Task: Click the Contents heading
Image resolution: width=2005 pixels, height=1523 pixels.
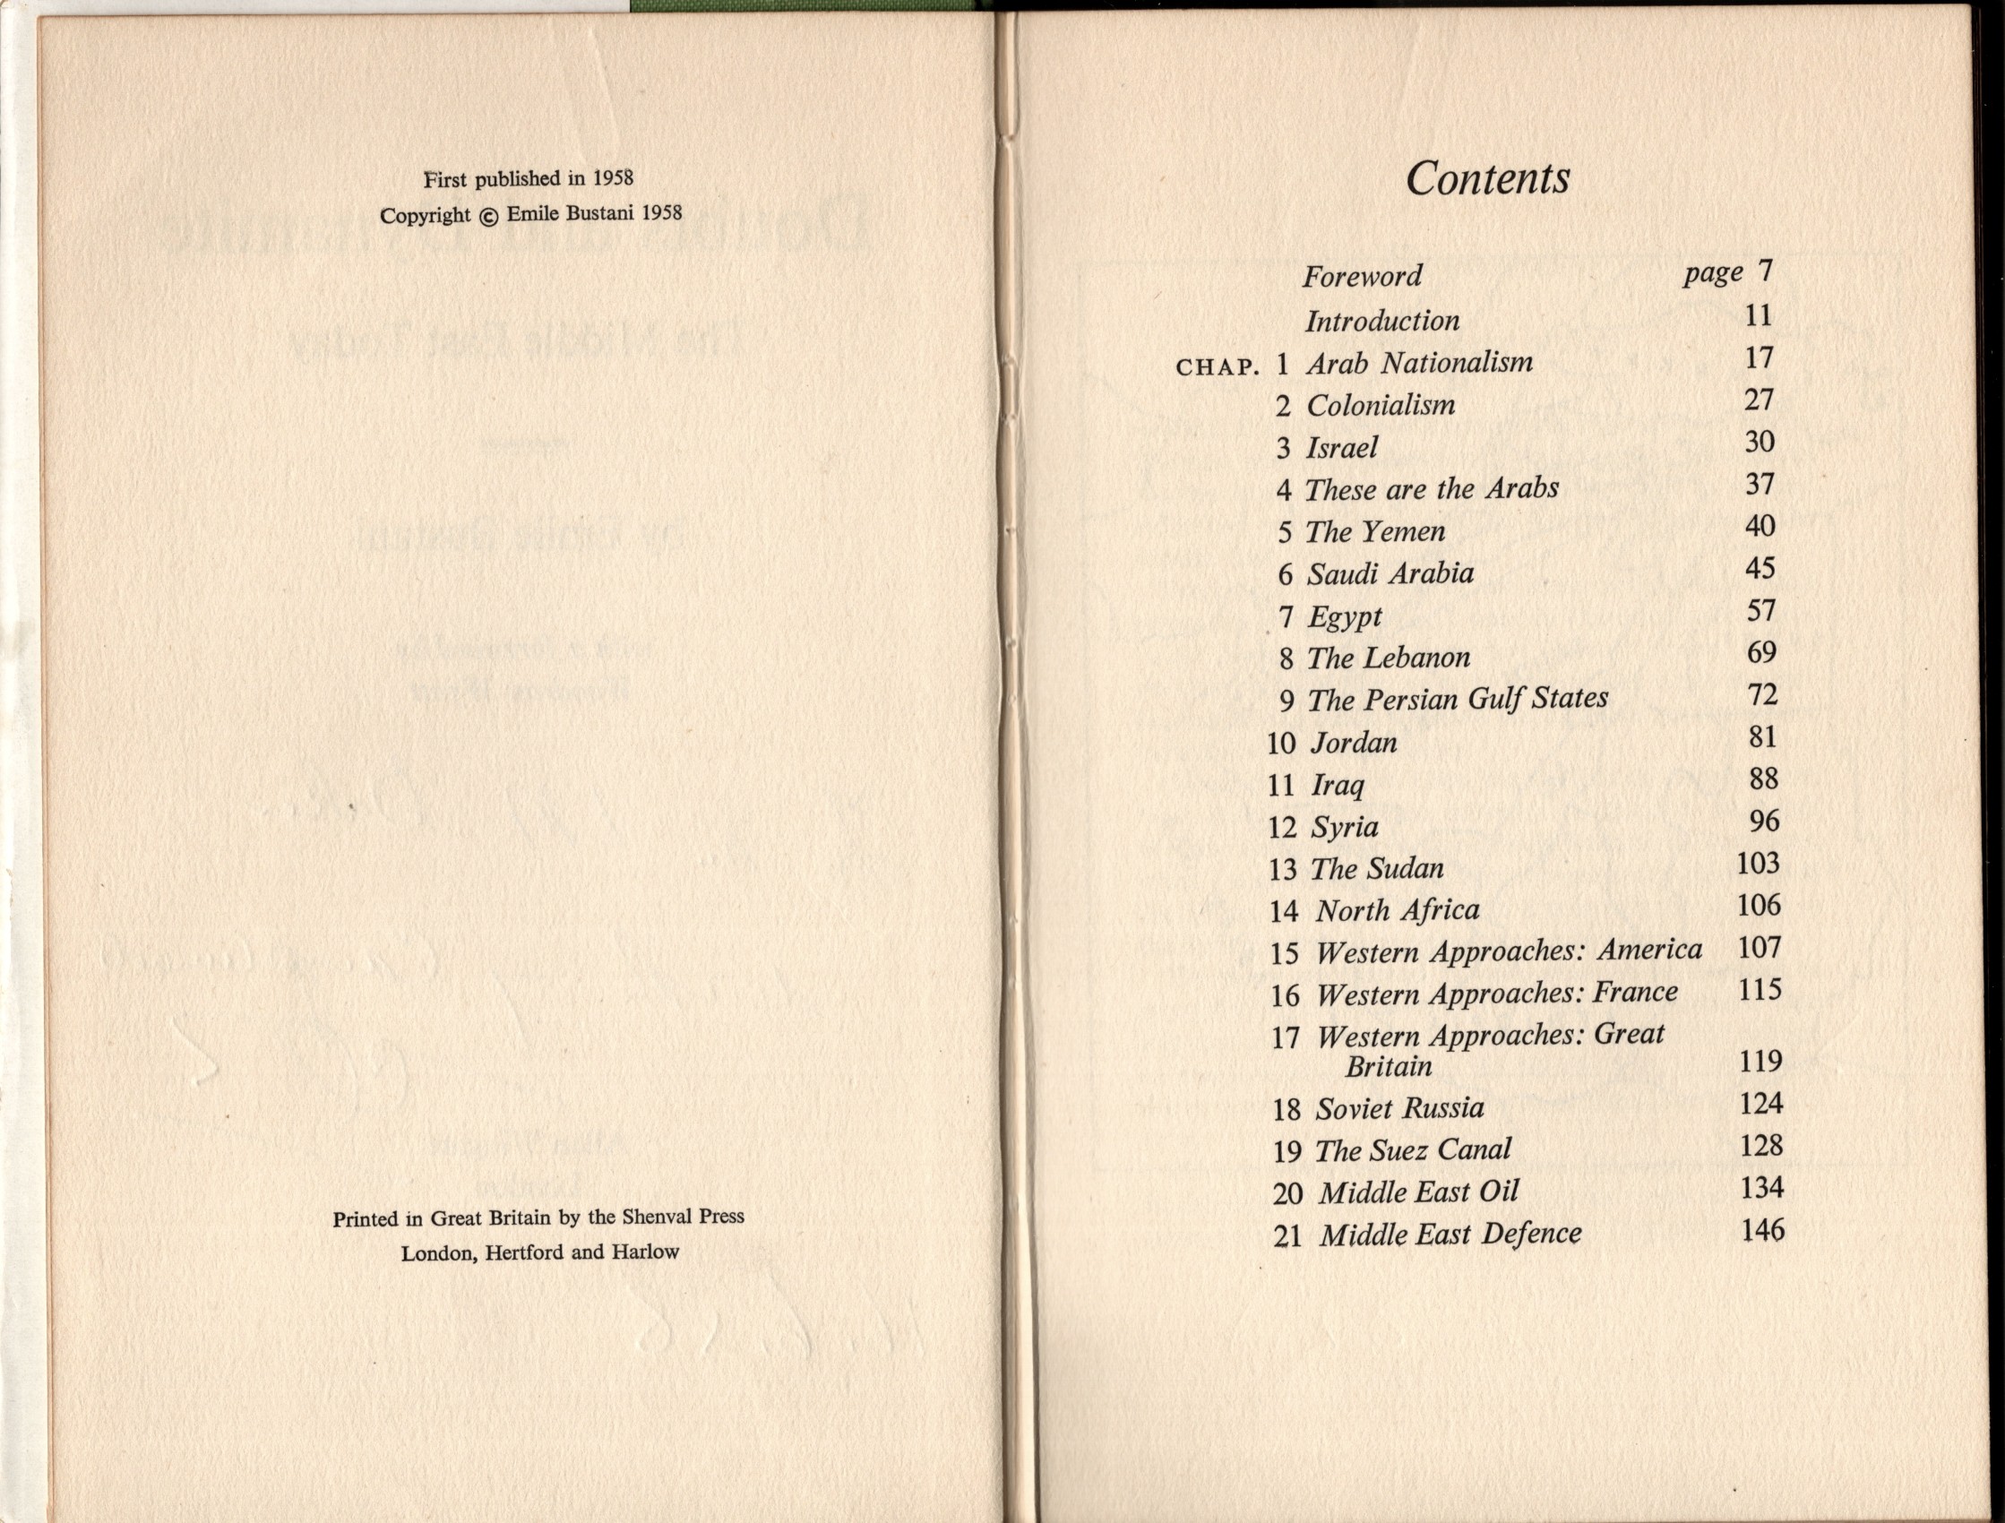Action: point(1487,178)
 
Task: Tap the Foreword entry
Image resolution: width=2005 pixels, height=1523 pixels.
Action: point(1363,276)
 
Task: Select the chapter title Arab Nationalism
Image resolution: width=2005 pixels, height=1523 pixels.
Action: point(1419,363)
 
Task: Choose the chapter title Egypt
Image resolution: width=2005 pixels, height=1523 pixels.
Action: point(1344,617)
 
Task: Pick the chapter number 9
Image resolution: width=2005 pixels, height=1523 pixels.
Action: point(1287,701)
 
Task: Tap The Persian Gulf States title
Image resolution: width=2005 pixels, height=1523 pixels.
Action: point(1458,699)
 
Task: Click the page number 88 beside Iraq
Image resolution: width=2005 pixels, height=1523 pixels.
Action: point(1763,779)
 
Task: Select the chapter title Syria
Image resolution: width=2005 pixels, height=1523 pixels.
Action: point(1345,827)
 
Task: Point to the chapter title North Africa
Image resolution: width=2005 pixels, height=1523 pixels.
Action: point(1398,910)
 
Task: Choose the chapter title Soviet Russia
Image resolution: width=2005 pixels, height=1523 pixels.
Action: point(1399,1108)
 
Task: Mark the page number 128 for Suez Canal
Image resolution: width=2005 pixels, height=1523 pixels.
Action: point(1761,1146)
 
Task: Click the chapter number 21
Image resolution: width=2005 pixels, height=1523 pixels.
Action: point(1287,1236)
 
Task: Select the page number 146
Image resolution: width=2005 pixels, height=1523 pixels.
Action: point(1762,1230)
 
